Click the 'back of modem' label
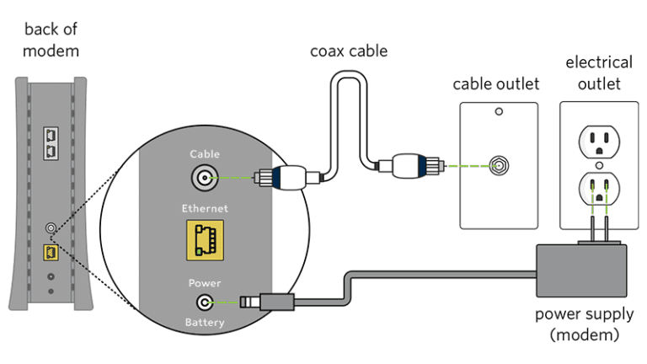[x=51, y=40]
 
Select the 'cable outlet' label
[x=496, y=83]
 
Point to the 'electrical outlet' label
[x=598, y=72]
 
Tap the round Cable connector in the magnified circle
[x=205, y=178]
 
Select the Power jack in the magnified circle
[x=205, y=302]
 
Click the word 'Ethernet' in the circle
[x=205, y=207]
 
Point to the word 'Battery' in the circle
[x=205, y=323]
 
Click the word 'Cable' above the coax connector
[x=205, y=154]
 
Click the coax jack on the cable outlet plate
[x=500, y=165]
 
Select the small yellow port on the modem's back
[x=50, y=252]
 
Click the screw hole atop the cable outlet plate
[x=499, y=112]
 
